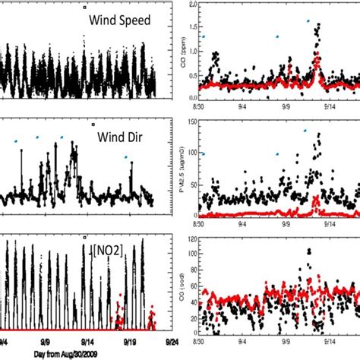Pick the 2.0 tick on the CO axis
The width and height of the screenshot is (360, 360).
point(194,5)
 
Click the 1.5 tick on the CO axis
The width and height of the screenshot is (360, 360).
point(194,28)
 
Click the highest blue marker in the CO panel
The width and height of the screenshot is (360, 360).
point(308,21)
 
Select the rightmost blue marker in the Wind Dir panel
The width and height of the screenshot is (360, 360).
point(126,157)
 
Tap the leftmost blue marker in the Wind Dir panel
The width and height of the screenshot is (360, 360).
point(15,141)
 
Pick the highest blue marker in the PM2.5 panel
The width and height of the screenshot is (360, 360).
point(306,130)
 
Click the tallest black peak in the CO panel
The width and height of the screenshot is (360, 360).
point(317,25)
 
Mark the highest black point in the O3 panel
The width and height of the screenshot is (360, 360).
point(308,250)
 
